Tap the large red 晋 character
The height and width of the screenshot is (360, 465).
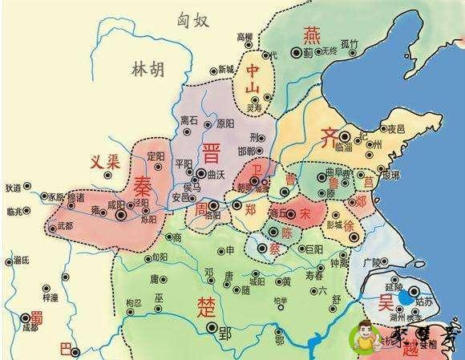tap(212, 153)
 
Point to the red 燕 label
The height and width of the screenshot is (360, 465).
tap(311, 34)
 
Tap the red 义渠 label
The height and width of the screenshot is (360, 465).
tap(104, 160)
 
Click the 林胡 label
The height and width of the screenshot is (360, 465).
tap(148, 71)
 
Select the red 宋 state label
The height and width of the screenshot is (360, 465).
tap(305, 215)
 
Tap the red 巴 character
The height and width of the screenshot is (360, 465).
tap(66, 349)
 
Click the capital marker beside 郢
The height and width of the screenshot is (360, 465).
tap(211, 328)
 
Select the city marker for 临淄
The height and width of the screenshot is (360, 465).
tap(345, 137)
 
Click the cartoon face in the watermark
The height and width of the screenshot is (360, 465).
tap(367, 333)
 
